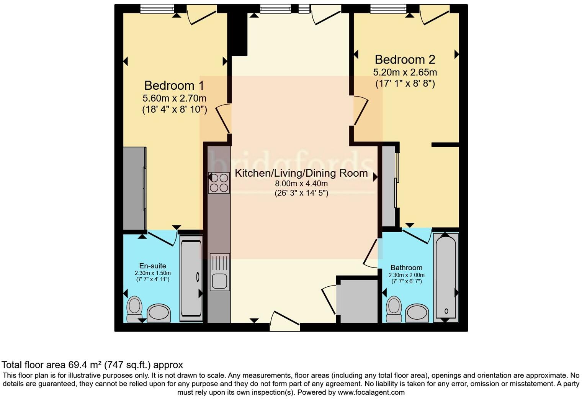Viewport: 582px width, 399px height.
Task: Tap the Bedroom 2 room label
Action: (x=405, y=59)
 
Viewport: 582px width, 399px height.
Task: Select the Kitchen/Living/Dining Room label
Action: (x=301, y=173)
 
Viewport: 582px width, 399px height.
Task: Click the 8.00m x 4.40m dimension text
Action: (x=301, y=184)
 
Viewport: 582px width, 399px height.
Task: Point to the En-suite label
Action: (x=152, y=266)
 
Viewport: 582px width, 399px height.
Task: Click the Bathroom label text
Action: (x=406, y=268)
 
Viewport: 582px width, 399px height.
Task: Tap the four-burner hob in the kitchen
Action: (x=219, y=182)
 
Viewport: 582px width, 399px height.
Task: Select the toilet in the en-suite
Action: (x=134, y=308)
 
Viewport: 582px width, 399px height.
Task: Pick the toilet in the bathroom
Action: (x=394, y=308)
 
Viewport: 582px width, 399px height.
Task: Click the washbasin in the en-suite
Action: (x=159, y=313)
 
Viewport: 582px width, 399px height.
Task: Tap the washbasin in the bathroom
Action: (x=417, y=313)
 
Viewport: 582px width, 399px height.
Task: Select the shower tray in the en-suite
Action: (x=191, y=277)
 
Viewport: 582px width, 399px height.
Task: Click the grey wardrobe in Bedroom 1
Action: (x=134, y=188)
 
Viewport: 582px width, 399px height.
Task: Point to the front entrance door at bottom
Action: (x=285, y=321)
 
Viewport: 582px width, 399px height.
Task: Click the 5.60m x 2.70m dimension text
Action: (x=174, y=99)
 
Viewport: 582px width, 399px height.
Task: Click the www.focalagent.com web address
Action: (x=371, y=392)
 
